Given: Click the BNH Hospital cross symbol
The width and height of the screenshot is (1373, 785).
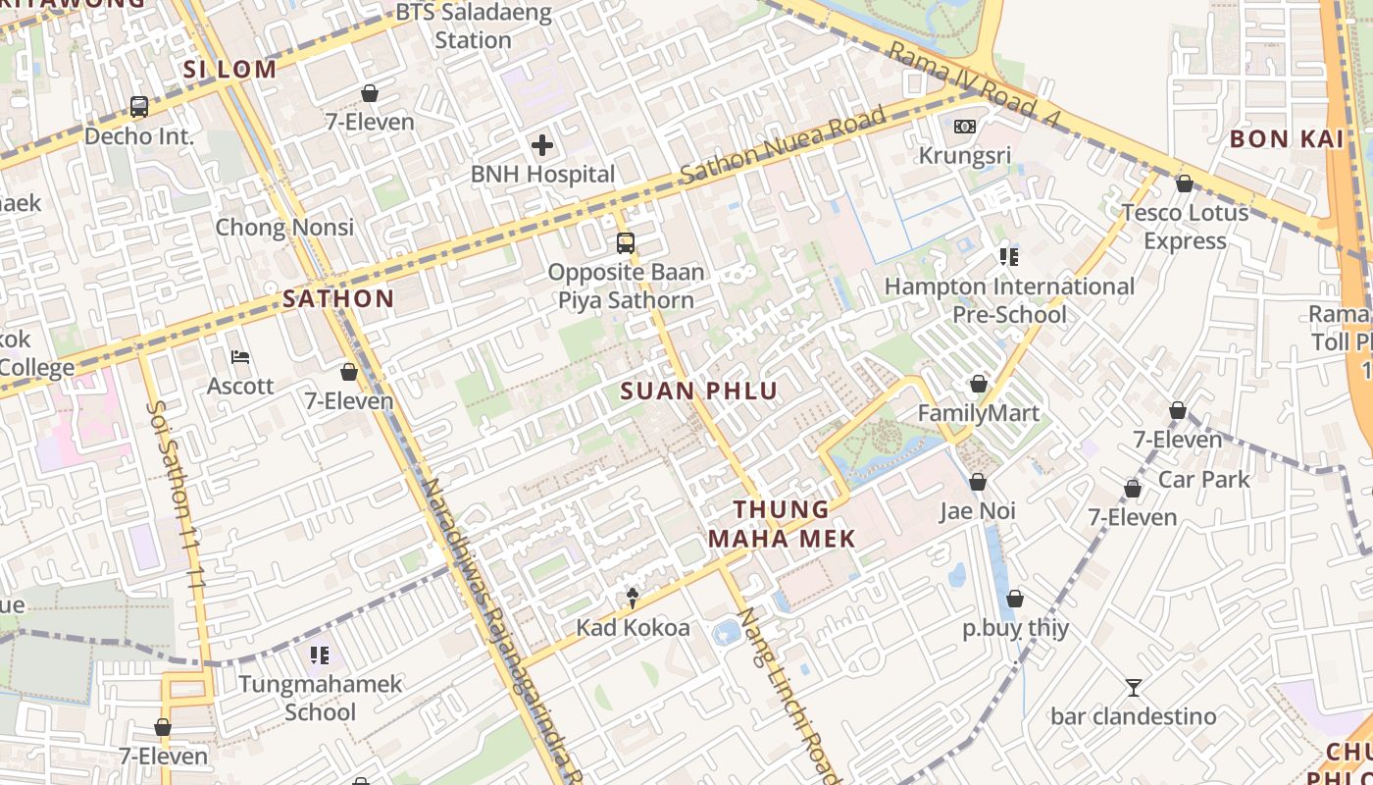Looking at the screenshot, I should pos(542,146).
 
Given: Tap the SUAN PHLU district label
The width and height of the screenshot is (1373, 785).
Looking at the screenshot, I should pos(699,392).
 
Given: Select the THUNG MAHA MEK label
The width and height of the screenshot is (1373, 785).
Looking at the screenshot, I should pos(782,524).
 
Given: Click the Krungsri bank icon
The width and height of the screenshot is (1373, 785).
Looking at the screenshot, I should pos(965,127).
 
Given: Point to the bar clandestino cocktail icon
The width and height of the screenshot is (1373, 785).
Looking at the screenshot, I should pos(1134,688).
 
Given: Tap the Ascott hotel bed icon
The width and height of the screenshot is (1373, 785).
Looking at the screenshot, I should pos(240,357).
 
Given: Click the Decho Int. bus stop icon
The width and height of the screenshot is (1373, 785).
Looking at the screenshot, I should pos(139,107).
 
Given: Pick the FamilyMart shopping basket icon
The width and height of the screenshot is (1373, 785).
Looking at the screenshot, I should pos(978,384).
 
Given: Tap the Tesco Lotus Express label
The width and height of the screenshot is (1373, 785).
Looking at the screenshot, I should pos(1185,227).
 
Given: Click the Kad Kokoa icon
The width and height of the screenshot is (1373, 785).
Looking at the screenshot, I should pos(634,599).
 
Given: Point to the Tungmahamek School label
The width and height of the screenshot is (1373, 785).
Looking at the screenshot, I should pos(321,698).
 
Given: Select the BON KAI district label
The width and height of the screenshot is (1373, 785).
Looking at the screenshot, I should pos(1287,139).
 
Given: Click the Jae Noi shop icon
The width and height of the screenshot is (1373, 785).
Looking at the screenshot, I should pos(978,482).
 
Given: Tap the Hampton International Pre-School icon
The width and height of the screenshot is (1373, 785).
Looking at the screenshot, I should pos(1008,257).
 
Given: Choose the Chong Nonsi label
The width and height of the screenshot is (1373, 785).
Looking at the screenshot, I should pos(284,228).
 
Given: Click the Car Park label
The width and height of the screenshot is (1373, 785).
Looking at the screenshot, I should pos(1204,479).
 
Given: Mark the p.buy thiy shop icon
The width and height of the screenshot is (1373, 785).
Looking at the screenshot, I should pos(1015,599).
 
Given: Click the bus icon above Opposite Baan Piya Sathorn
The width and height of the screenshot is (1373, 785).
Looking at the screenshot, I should pos(626,242).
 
